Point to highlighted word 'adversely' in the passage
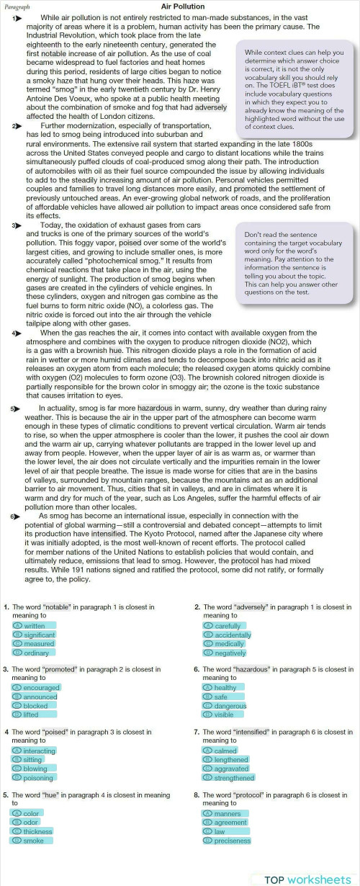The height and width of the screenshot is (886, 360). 211,107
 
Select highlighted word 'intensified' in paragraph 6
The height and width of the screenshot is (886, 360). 109,534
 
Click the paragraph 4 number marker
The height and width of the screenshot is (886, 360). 17,334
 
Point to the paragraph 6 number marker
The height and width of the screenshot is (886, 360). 15,516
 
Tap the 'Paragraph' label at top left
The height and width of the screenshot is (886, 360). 17,6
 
